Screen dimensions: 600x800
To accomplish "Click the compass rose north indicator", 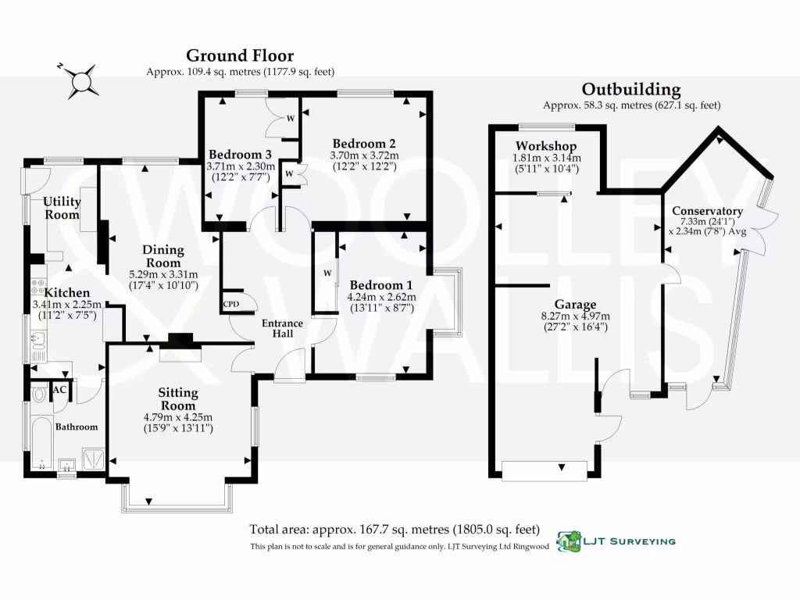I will [x=81, y=79].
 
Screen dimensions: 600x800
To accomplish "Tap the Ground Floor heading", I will [x=240, y=55].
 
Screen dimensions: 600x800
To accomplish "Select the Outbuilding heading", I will [x=631, y=89].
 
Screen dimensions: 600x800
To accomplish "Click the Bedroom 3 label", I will [x=240, y=154].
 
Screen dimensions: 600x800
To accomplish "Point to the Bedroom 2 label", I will [x=364, y=144].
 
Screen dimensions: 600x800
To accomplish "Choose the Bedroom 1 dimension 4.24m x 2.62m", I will [x=383, y=296].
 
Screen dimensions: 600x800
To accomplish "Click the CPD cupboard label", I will [x=230, y=304].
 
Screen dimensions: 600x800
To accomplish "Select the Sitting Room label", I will [x=178, y=399].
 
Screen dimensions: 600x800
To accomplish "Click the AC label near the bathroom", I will [x=59, y=390].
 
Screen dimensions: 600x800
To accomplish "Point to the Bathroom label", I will [x=76, y=427].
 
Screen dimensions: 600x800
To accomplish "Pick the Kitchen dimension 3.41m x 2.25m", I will [x=64, y=304].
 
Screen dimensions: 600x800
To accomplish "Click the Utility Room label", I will [x=61, y=208].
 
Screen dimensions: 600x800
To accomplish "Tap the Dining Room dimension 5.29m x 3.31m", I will [x=162, y=274].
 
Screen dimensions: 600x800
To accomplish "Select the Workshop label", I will [x=546, y=147].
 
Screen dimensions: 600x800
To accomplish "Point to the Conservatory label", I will [x=707, y=211].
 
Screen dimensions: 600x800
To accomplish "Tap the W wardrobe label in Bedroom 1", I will [x=327, y=273].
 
